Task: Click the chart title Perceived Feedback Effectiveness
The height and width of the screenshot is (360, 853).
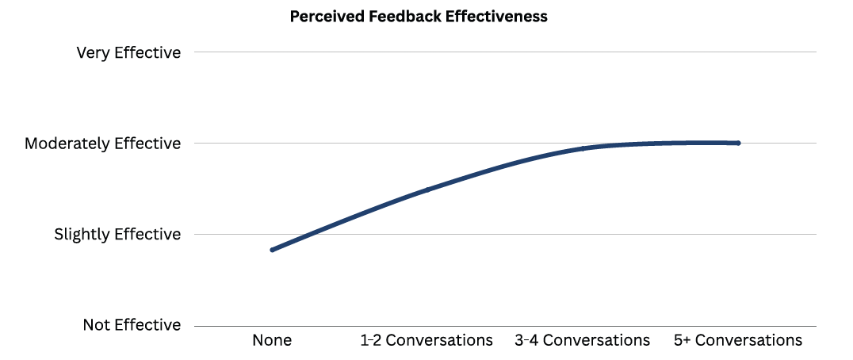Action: pos(419,17)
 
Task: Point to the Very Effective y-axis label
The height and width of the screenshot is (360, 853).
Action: pos(128,53)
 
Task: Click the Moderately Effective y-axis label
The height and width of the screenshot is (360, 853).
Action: pos(102,144)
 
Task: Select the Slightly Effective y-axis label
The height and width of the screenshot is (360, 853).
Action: pos(117,235)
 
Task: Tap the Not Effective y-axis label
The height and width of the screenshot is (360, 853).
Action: pos(132,325)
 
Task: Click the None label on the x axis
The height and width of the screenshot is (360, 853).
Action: pos(272,341)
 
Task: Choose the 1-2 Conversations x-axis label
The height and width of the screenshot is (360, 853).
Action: pos(426,341)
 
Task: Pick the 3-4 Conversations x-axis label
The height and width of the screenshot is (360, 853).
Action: pos(583,341)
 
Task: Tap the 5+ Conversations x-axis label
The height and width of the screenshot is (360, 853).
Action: pos(738,341)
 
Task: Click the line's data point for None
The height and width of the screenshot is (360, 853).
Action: pos(272,250)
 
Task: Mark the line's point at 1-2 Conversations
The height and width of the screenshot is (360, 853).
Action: pos(426,190)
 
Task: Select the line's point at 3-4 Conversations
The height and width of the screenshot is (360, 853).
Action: pos(583,148)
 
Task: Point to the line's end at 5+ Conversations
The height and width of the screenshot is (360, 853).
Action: pos(738,144)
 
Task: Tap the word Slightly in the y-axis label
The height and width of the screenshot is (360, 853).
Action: pos(82,235)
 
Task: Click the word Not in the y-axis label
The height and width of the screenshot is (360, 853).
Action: pos(97,325)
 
